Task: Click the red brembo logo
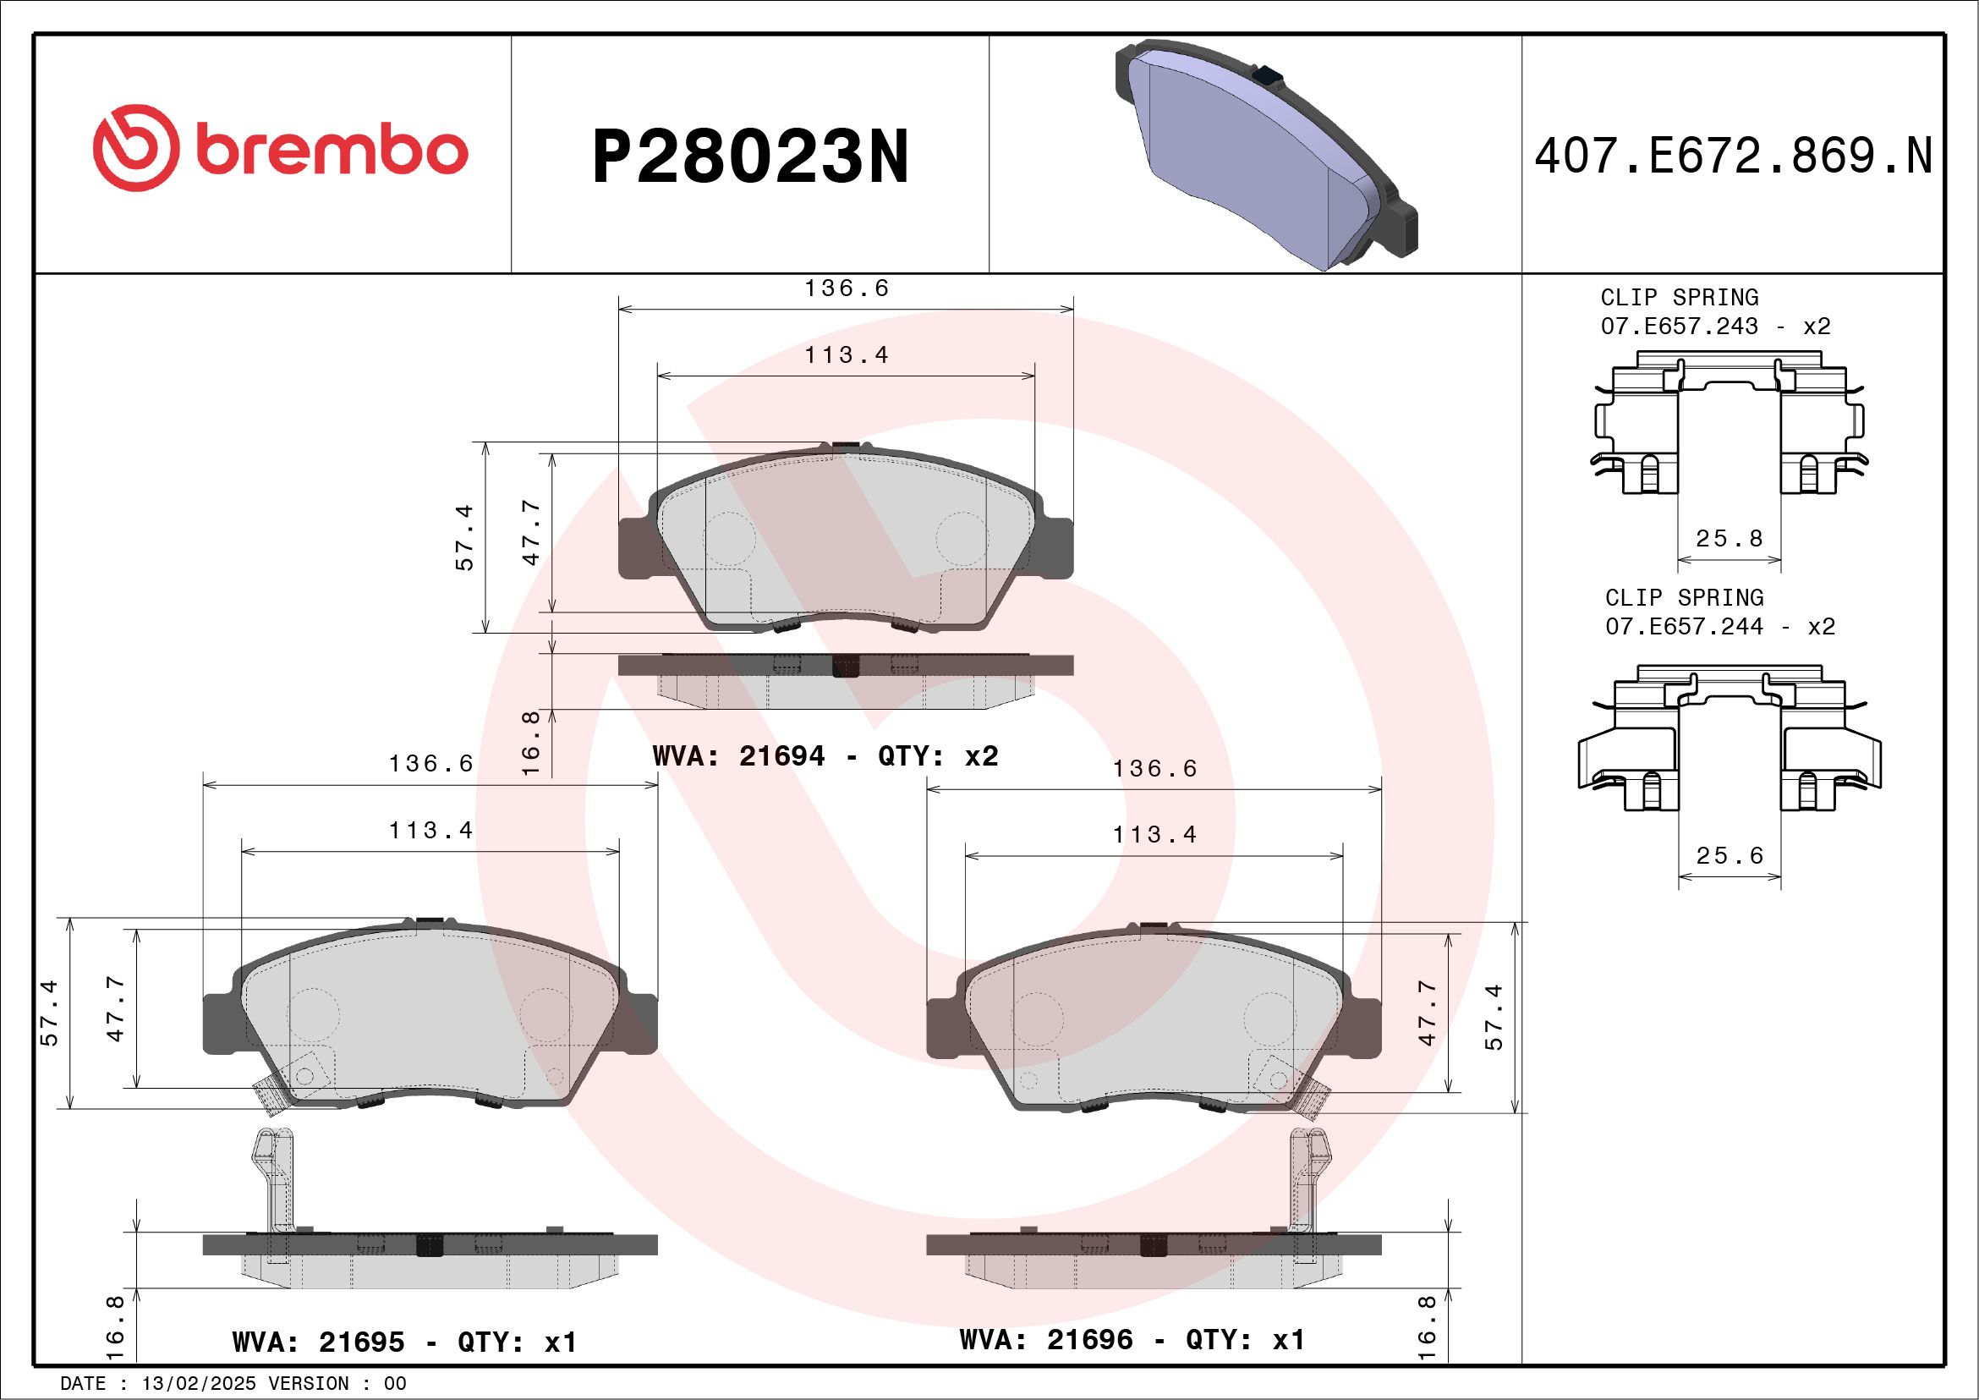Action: [280, 148]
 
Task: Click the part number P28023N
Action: [750, 156]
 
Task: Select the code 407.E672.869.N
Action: [1733, 156]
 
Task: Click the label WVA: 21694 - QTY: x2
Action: [825, 756]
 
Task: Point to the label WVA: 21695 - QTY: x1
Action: [403, 1342]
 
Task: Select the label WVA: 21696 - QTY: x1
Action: [1132, 1340]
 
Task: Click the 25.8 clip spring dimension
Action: [1729, 539]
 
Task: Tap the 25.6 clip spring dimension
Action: [1729, 856]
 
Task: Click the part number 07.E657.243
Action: [1679, 327]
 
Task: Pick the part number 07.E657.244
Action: [1683, 627]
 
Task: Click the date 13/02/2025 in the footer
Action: [198, 1384]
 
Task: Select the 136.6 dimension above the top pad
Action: [846, 288]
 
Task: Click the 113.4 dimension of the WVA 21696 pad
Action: [1154, 835]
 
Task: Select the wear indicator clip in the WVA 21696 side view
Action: [1307, 1181]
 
